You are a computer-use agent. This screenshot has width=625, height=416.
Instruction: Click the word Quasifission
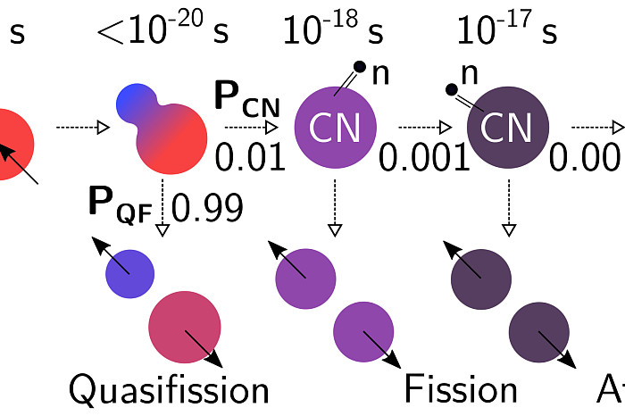(169, 389)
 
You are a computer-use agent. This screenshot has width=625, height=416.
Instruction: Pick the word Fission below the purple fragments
(461, 389)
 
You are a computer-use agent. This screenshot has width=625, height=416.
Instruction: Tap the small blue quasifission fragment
(130, 273)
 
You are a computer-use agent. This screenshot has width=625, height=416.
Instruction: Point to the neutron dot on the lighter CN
(359, 65)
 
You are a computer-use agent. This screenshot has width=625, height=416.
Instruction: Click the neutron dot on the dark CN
(453, 88)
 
